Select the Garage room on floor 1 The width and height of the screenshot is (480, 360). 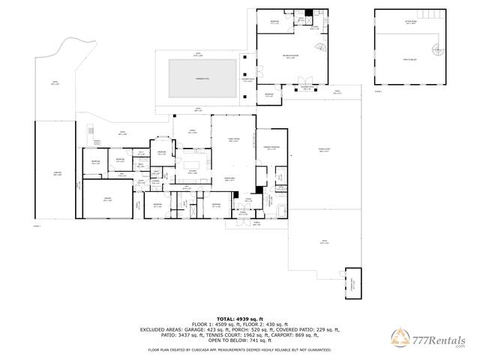[107, 200]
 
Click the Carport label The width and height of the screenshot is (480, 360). [57, 174]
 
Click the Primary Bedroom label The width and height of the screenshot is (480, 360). [270, 148]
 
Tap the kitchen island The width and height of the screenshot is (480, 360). [196, 163]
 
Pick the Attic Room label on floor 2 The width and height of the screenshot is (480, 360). [411, 22]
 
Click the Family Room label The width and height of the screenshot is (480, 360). [232, 140]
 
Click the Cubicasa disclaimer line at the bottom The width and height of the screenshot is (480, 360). [239, 349]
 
